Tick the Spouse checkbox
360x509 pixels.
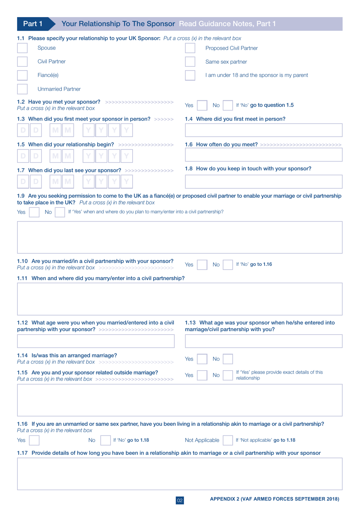[x=22, y=48]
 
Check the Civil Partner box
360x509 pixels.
[x=22, y=61]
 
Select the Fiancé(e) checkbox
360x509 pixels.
[x=22, y=75]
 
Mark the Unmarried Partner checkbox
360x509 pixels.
[x=22, y=89]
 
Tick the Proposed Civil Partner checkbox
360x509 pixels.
[x=190, y=48]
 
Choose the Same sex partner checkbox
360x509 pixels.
[x=190, y=61]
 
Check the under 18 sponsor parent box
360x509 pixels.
[x=190, y=75]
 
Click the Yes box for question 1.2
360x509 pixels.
[x=202, y=105]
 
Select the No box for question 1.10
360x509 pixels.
[x=228, y=265]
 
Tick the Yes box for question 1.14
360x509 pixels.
[x=202, y=359]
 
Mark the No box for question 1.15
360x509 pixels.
[x=228, y=375]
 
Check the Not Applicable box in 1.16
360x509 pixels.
[x=228, y=440]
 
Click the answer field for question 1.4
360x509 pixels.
[x=263, y=130]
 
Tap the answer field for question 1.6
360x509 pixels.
[x=263, y=155]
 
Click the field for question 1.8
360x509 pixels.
[x=263, y=182]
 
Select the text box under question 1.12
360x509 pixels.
[x=95, y=341]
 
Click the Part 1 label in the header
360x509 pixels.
[x=33, y=24]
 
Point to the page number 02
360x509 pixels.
[x=180, y=500]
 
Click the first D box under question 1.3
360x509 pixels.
[x=23, y=130]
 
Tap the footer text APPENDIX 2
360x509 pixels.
[x=274, y=499]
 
